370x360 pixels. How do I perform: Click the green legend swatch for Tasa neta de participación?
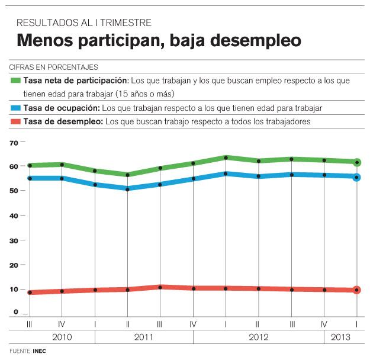(15, 79)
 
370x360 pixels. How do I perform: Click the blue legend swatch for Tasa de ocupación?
(15, 108)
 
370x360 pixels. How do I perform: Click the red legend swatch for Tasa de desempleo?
(15, 121)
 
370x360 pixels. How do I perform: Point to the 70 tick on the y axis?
(15, 142)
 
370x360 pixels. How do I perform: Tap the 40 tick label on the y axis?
(15, 216)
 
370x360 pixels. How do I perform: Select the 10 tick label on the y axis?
(15, 289)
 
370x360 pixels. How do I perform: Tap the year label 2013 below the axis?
(339, 337)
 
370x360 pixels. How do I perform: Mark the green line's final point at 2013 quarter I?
(356, 162)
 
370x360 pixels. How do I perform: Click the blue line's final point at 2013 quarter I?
(356, 177)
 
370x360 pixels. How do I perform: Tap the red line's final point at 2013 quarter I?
(356, 290)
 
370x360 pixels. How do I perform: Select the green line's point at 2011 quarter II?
(127, 175)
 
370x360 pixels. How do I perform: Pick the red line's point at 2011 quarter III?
(160, 287)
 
